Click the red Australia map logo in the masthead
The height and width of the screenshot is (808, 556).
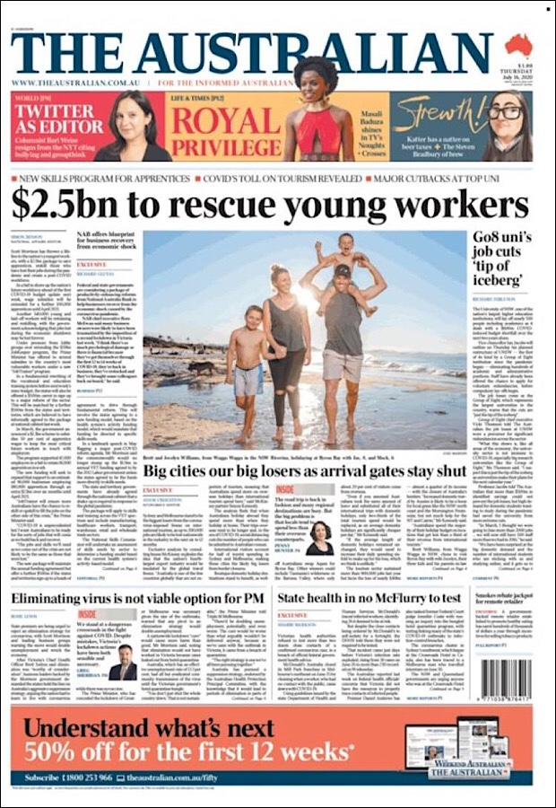[x=517, y=45]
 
